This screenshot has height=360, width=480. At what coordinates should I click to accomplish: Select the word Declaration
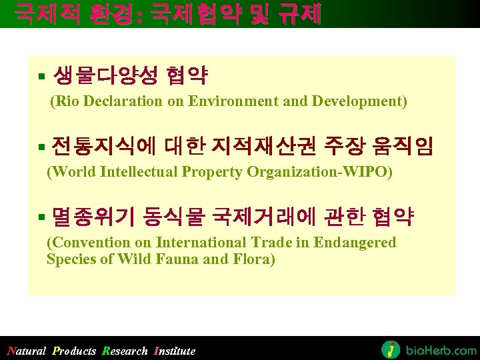(x=123, y=101)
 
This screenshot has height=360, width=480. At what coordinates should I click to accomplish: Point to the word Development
(x=364, y=101)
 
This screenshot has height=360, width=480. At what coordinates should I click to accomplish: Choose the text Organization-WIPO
(x=321, y=171)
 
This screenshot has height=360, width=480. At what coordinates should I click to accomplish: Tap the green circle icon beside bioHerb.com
(x=391, y=349)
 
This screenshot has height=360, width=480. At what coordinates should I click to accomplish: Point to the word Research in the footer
(x=125, y=351)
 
